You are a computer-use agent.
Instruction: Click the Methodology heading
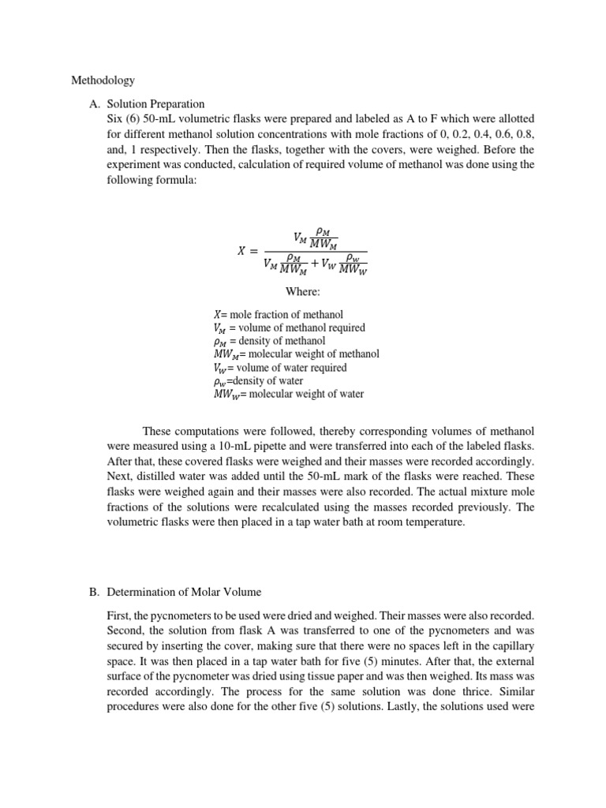pos(103,80)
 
